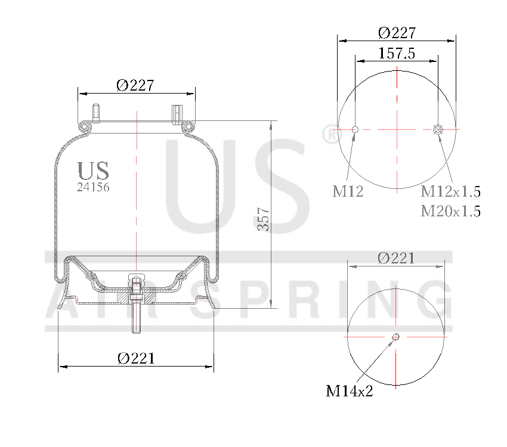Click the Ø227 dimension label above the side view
(x=135, y=85)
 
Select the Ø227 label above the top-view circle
(x=397, y=33)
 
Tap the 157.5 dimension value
(x=397, y=53)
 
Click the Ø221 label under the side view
(x=136, y=358)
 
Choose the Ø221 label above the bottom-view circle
(x=396, y=258)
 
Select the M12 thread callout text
(x=348, y=191)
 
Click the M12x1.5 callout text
(x=450, y=191)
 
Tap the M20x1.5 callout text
(x=450, y=211)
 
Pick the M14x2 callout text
(x=349, y=391)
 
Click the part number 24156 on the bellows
(x=93, y=187)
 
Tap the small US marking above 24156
(x=93, y=171)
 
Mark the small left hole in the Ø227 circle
(x=355, y=129)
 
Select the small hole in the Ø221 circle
(x=395, y=338)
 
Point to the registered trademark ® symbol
(x=329, y=134)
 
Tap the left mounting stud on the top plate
(x=95, y=111)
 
